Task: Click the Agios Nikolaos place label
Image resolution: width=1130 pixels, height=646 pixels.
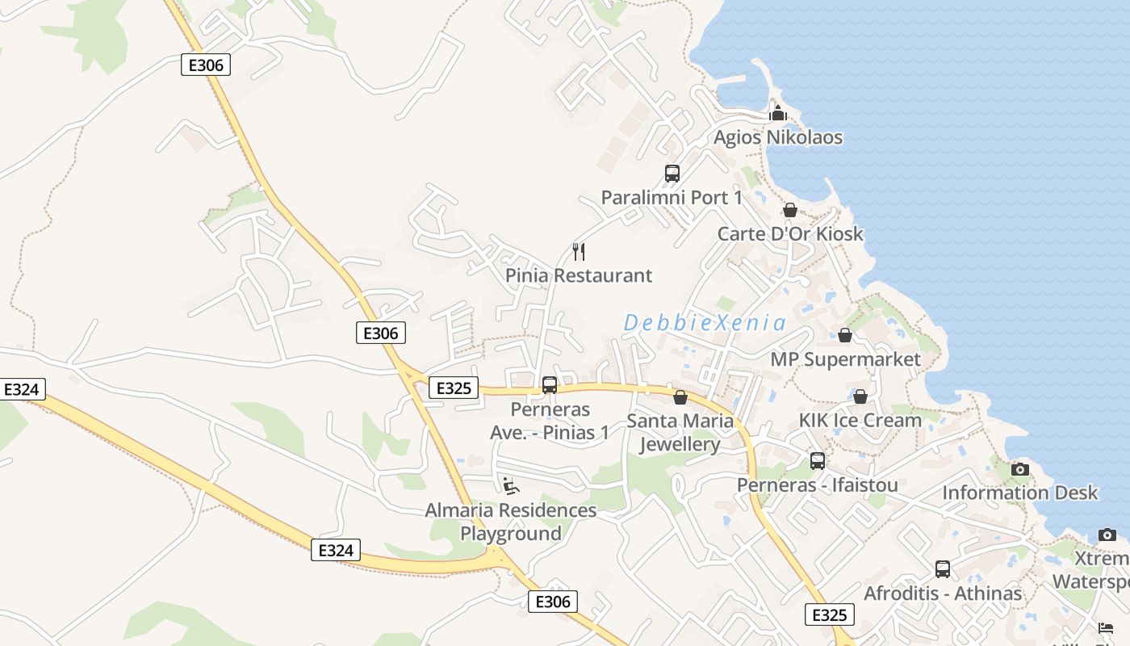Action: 777,137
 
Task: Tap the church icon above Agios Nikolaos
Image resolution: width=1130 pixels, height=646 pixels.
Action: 777,113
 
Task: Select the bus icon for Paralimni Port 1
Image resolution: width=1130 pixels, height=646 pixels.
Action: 672,173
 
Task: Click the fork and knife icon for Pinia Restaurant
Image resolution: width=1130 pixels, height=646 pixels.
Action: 578,252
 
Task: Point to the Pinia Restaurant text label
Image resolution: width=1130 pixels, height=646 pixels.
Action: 578,275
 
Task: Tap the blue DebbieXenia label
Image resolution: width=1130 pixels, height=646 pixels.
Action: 705,323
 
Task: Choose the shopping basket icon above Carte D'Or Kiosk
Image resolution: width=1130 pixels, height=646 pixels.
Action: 790,210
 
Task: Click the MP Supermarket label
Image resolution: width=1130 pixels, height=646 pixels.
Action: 845,359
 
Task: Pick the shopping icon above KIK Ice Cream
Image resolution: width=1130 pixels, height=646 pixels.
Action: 860,396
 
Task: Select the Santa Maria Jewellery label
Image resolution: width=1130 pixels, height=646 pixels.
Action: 680,433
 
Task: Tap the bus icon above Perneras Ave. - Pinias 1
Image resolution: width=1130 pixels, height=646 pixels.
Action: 550,385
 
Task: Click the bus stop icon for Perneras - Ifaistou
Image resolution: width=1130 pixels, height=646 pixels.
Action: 818,461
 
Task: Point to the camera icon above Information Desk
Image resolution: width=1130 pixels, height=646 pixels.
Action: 1020,469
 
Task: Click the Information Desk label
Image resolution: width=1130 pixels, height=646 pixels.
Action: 1020,493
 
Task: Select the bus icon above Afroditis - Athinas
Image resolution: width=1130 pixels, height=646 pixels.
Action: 943,569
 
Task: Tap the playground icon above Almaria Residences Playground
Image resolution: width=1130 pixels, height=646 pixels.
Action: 510,485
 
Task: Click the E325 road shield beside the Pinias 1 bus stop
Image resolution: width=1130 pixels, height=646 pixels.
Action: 453,388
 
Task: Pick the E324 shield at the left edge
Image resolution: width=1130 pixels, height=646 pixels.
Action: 21,390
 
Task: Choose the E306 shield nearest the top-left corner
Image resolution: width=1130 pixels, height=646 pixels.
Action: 205,65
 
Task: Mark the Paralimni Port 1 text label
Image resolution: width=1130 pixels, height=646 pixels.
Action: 672,197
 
